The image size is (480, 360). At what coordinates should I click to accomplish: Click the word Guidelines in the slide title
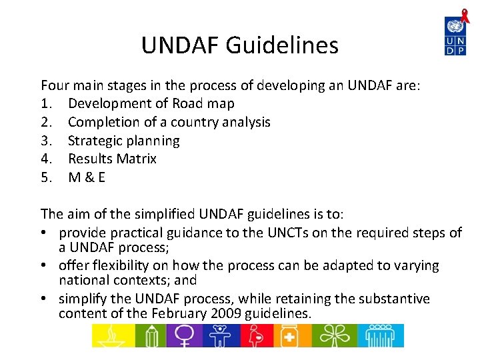(282, 45)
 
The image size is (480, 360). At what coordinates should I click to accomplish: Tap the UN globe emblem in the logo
(455, 27)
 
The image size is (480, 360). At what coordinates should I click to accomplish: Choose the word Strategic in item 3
(95, 141)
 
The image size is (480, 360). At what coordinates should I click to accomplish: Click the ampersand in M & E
(87, 177)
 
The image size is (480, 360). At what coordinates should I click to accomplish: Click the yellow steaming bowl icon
(112, 335)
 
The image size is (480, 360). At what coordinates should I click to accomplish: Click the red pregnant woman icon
(257, 335)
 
